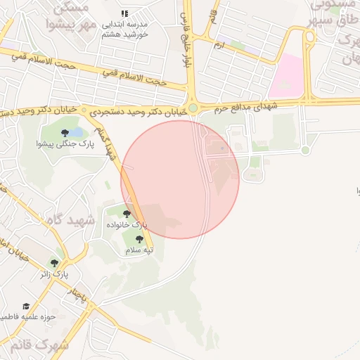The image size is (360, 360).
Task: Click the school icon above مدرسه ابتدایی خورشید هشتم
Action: click(124, 13)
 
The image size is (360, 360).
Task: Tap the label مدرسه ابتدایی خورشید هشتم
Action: click(124, 29)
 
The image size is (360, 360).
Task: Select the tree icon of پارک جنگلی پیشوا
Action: click(65, 132)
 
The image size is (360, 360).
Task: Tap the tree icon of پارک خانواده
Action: click(127, 214)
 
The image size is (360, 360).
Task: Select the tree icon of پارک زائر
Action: click(54, 263)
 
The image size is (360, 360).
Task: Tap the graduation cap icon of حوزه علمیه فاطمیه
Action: click(27, 307)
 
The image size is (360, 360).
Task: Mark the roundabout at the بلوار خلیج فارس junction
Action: click(192, 108)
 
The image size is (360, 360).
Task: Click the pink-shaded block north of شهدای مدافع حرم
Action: click(288, 77)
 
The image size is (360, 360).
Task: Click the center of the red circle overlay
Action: click(180, 179)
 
